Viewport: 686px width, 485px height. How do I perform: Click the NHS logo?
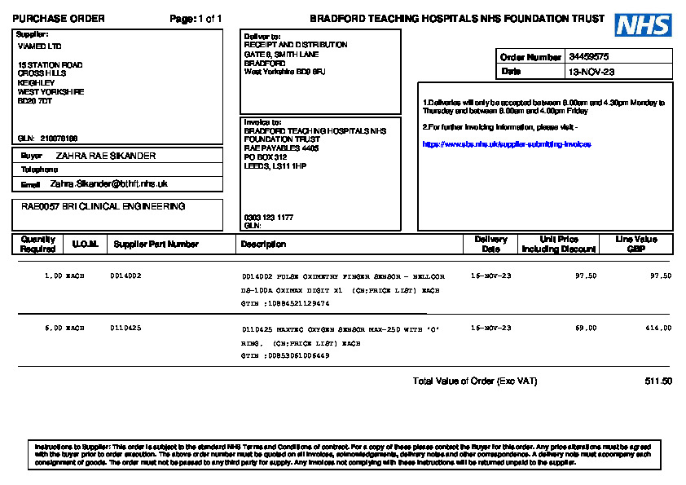pyautogui.click(x=643, y=25)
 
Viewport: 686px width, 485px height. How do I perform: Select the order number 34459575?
pyautogui.click(x=588, y=57)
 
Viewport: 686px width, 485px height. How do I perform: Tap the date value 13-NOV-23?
pyautogui.click(x=591, y=72)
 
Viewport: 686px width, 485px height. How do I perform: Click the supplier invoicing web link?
pyautogui.click(x=506, y=144)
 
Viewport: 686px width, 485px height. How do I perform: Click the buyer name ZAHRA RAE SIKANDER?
pyautogui.click(x=105, y=156)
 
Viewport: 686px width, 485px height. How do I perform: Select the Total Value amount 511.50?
pyautogui.click(x=657, y=381)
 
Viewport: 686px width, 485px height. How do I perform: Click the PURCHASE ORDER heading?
pyautogui.click(x=59, y=19)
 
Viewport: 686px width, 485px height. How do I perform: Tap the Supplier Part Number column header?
pyautogui.click(x=156, y=244)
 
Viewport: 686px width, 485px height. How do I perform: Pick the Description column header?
pyautogui.click(x=263, y=244)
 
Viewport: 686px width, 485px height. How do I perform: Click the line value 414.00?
pyautogui.click(x=660, y=328)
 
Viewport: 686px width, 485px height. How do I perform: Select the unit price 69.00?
pyautogui.click(x=586, y=328)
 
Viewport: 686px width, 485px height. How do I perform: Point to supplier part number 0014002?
pyautogui.click(x=125, y=276)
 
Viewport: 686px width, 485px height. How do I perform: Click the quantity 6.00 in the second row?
pyautogui.click(x=54, y=328)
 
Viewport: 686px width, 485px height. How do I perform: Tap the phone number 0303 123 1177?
pyautogui.click(x=268, y=218)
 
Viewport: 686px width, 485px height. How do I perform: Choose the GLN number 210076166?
pyautogui.click(x=59, y=139)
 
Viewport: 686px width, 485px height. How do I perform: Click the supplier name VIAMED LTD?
pyautogui.click(x=39, y=46)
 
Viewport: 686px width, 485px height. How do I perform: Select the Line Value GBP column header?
pyautogui.click(x=635, y=244)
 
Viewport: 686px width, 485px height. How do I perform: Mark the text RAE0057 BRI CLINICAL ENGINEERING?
pyautogui.click(x=103, y=207)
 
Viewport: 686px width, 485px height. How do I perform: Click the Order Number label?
pyautogui.click(x=530, y=57)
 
